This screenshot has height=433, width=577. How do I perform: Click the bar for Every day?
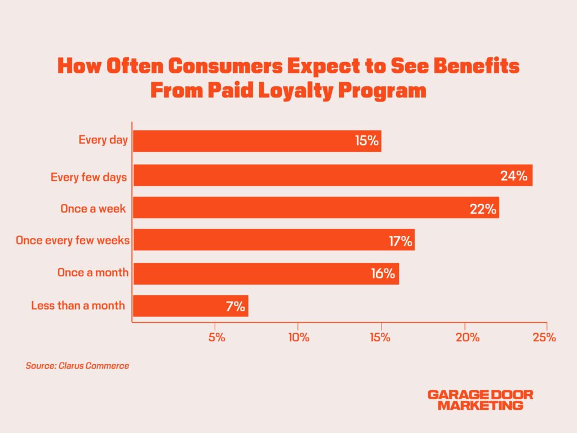pyautogui.click(x=257, y=141)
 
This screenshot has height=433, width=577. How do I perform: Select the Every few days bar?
pyautogui.click(x=332, y=175)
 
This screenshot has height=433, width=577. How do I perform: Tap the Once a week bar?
pyautogui.click(x=316, y=208)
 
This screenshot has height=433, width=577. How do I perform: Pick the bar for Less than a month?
pyautogui.click(x=190, y=306)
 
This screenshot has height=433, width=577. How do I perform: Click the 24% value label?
pyautogui.click(x=514, y=176)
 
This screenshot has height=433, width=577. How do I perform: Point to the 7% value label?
pyautogui.click(x=236, y=307)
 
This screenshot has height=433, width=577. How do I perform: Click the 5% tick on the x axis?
pyautogui.click(x=216, y=338)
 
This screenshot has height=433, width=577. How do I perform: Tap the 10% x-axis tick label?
pyautogui.click(x=299, y=338)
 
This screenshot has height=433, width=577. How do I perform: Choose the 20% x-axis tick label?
pyautogui.click(x=468, y=338)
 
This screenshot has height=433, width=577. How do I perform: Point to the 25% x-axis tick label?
pyautogui.click(x=545, y=338)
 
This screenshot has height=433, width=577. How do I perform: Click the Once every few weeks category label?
pyautogui.click(x=73, y=240)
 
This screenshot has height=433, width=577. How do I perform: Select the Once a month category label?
pyautogui.click(x=93, y=273)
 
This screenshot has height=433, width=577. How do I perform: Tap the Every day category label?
pyautogui.click(x=104, y=140)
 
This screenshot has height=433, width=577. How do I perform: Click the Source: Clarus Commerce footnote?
pyautogui.click(x=77, y=366)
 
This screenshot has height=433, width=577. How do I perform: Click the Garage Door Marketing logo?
pyautogui.click(x=480, y=400)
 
